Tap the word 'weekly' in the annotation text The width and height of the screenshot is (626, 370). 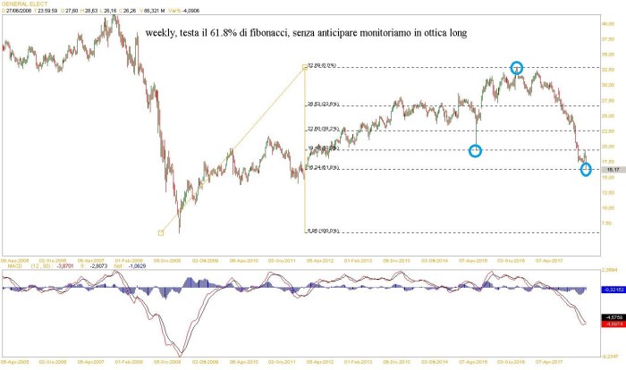click(x=163, y=33)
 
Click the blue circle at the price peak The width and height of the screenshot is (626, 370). click(x=517, y=67)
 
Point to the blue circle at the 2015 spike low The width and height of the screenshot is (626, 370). click(x=476, y=150)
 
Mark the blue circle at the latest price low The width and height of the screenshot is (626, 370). click(x=586, y=169)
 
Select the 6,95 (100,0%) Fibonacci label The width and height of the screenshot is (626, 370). click(x=324, y=231)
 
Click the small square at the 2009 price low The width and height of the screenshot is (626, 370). click(x=161, y=232)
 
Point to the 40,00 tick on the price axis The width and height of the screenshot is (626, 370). click(x=609, y=23)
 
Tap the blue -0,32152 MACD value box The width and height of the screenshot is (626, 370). click(x=612, y=290)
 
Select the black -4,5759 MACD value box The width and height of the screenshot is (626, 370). click(x=612, y=316)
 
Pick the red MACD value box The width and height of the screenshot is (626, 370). click(x=612, y=324)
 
